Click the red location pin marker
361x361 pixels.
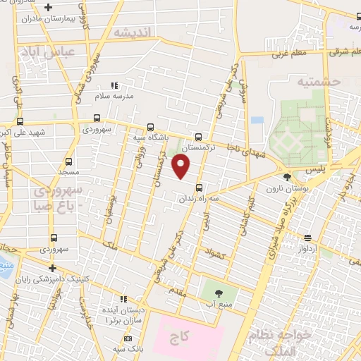(x=181, y=166)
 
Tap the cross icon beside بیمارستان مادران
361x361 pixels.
(x=48, y=8)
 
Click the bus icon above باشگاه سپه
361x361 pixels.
(x=149, y=127)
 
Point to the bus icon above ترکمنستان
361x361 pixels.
(x=198, y=137)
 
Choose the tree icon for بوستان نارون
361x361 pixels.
(x=287, y=177)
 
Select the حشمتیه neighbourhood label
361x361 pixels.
(x=319, y=82)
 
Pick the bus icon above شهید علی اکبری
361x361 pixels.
(x=20, y=121)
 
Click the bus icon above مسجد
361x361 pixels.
(x=68, y=161)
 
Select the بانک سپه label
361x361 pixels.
(x=129, y=349)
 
